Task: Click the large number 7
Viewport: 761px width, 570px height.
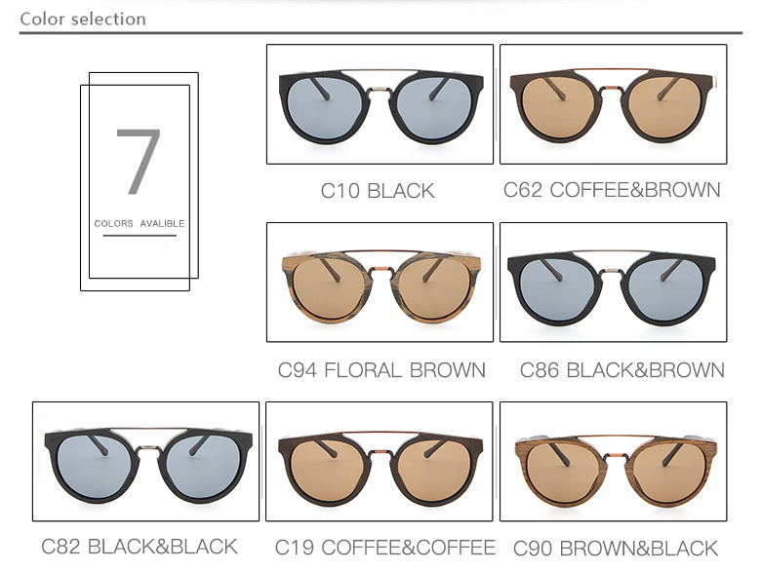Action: click(138, 161)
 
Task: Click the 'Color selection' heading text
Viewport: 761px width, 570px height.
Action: click(83, 19)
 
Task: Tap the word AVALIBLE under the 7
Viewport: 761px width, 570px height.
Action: click(162, 223)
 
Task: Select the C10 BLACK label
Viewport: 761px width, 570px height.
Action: click(378, 191)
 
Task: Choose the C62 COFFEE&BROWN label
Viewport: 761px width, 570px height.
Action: click(612, 190)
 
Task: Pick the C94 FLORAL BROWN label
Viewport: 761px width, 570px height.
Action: click(381, 370)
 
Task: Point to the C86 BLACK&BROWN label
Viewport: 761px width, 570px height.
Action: click(621, 370)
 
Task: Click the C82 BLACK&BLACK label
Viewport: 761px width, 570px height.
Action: click(140, 546)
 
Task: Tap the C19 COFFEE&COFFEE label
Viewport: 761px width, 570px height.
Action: click(384, 548)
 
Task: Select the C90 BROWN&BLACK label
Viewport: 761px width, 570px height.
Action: click(615, 549)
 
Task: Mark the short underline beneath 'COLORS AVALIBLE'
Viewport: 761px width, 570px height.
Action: click(140, 235)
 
